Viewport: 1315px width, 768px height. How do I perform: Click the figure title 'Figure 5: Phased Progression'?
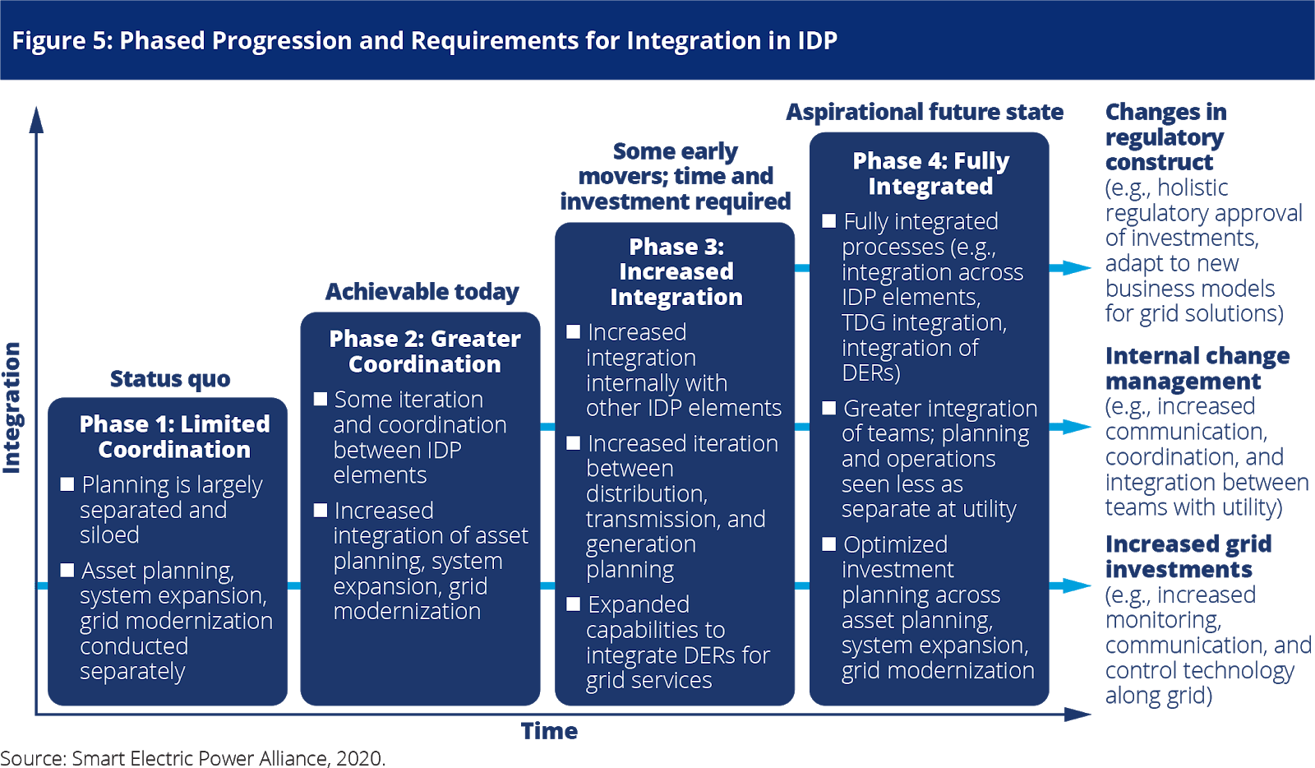(424, 40)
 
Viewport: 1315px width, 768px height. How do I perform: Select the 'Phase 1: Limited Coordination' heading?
(174, 437)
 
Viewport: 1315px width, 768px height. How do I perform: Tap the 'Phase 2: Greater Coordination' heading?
(425, 351)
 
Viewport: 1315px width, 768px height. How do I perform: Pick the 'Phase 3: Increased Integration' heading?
(676, 272)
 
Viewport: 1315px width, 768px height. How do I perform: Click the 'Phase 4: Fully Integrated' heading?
(930, 173)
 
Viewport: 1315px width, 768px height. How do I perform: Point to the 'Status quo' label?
(170, 379)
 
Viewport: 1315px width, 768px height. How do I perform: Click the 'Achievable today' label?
(422, 292)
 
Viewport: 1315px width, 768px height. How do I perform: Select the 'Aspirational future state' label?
(925, 112)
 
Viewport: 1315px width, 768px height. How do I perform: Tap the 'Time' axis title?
(549, 731)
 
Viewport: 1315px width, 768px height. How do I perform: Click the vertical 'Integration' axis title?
(12, 407)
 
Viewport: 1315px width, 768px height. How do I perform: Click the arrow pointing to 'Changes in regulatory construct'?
(1071, 268)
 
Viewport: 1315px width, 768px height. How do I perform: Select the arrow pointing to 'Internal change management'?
(1071, 427)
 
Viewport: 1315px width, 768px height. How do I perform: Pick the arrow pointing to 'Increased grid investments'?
(1071, 585)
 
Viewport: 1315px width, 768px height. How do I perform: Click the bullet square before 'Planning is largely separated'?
(67, 484)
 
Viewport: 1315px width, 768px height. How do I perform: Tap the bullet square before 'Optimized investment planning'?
(828, 544)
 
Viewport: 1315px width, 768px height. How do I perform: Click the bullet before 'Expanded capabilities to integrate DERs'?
(574, 604)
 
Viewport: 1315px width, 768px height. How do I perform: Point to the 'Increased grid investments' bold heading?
(1188, 557)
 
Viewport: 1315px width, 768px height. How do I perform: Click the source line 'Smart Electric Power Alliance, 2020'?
(192, 757)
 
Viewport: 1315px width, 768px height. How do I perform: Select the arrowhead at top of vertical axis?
(36, 119)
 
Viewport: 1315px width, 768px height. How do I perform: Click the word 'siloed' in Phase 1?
(109, 535)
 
